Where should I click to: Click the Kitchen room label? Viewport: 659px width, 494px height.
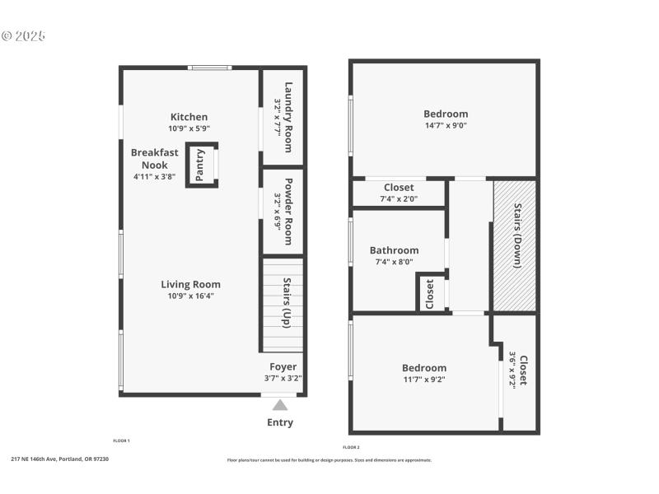click(189, 117)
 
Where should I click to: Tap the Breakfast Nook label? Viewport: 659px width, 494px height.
click(154, 159)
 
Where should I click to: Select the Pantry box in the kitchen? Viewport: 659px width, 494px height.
click(201, 165)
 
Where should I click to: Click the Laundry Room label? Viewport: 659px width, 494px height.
click(288, 116)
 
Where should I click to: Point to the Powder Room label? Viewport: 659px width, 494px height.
click(288, 212)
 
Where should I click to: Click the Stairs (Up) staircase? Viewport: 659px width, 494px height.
click(283, 305)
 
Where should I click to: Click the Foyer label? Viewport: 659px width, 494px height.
click(283, 367)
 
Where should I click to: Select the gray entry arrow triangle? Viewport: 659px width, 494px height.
click(280, 404)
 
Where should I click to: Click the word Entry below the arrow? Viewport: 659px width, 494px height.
click(280, 422)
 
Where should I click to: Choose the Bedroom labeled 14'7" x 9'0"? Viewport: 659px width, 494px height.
click(446, 114)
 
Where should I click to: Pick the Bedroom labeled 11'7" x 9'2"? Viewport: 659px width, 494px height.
click(424, 368)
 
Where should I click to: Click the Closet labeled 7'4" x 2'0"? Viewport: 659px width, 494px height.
click(399, 188)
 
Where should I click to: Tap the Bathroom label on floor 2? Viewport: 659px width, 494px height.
click(394, 250)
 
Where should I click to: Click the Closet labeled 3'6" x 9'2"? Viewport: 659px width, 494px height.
click(522, 370)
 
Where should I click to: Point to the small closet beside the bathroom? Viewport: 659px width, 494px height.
click(429, 293)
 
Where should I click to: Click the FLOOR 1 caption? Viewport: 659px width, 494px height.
click(121, 441)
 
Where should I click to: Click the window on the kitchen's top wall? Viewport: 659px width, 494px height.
click(209, 68)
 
